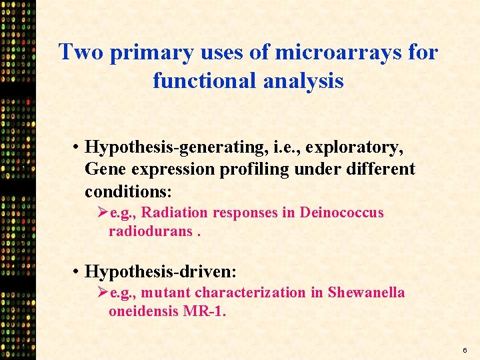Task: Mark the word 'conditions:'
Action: pos(128,192)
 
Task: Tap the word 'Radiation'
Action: pos(173,213)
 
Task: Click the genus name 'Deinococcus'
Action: pos(341,213)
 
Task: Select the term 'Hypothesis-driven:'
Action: pos(161,271)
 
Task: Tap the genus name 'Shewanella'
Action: pos(366,293)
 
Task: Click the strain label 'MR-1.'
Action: pos(204,311)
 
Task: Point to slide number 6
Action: pos(464,349)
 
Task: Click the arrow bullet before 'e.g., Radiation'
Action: pos(103,213)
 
